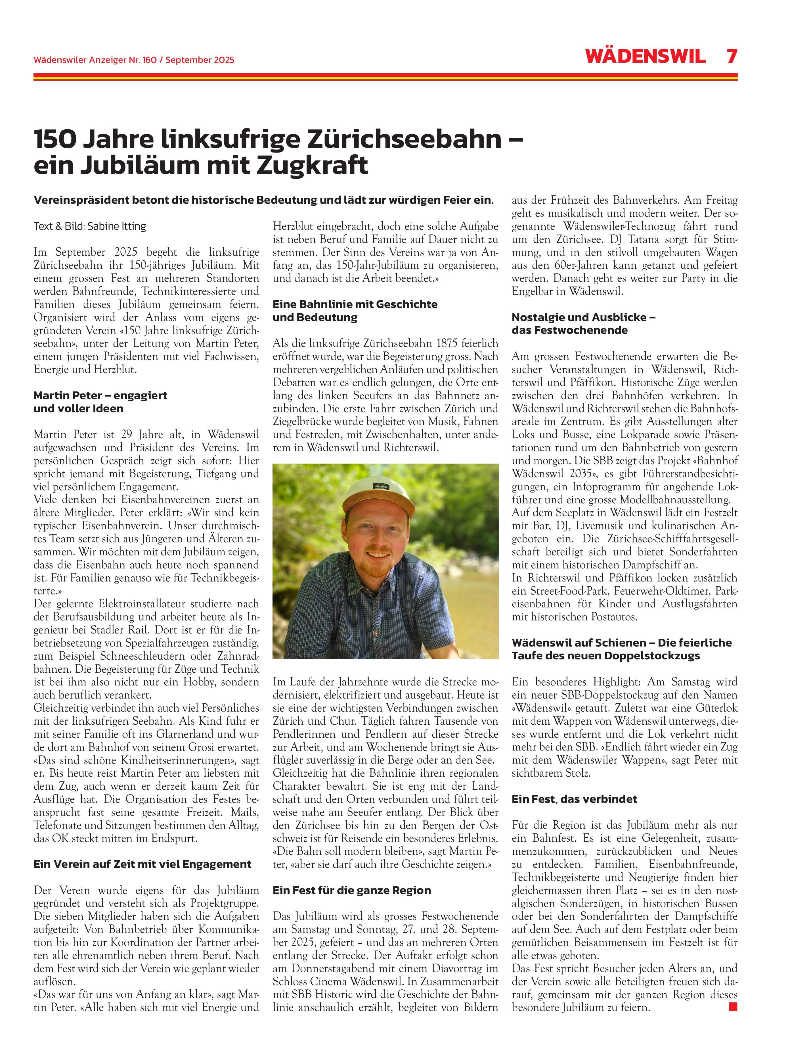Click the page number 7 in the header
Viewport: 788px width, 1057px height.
[x=731, y=56]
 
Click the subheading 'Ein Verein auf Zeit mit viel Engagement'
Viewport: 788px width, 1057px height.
[x=142, y=864]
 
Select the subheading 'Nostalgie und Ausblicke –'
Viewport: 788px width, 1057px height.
[x=583, y=317]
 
